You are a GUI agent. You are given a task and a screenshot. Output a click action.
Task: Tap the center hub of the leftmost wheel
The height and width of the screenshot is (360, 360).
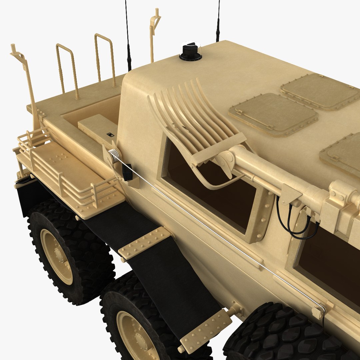[57, 256]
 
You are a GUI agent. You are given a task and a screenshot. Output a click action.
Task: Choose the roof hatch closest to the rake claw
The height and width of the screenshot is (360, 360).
[273, 114]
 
